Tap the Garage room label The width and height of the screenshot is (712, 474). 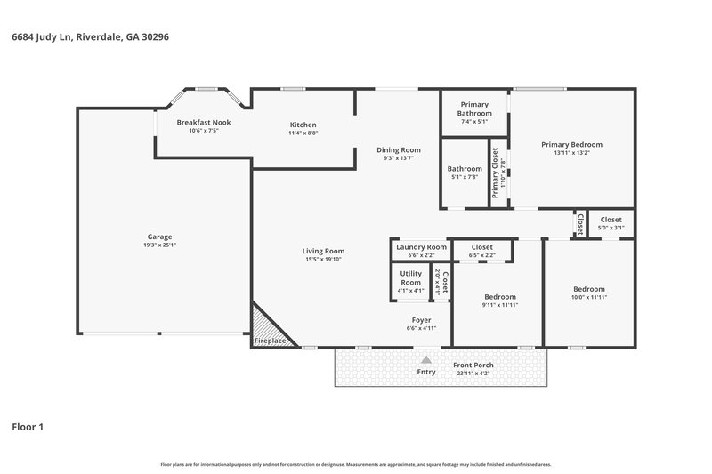tap(159, 237)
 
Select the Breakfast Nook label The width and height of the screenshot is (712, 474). tap(203, 122)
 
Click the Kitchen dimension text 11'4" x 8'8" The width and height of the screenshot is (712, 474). tap(303, 133)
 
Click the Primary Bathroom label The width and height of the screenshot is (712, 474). tap(473, 109)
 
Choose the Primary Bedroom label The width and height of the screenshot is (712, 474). tap(571, 144)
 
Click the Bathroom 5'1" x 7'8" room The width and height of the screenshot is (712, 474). tap(465, 173)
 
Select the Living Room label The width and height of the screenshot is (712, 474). tap(323, 251)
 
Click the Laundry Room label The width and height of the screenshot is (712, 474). tap(421, 247)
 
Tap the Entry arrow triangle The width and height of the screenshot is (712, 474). tap(426, 359)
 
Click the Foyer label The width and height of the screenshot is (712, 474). tap(421, 319)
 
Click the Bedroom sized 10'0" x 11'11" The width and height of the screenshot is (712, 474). tap(588, 289)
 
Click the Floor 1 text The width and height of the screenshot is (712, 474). tap(27, 427)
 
